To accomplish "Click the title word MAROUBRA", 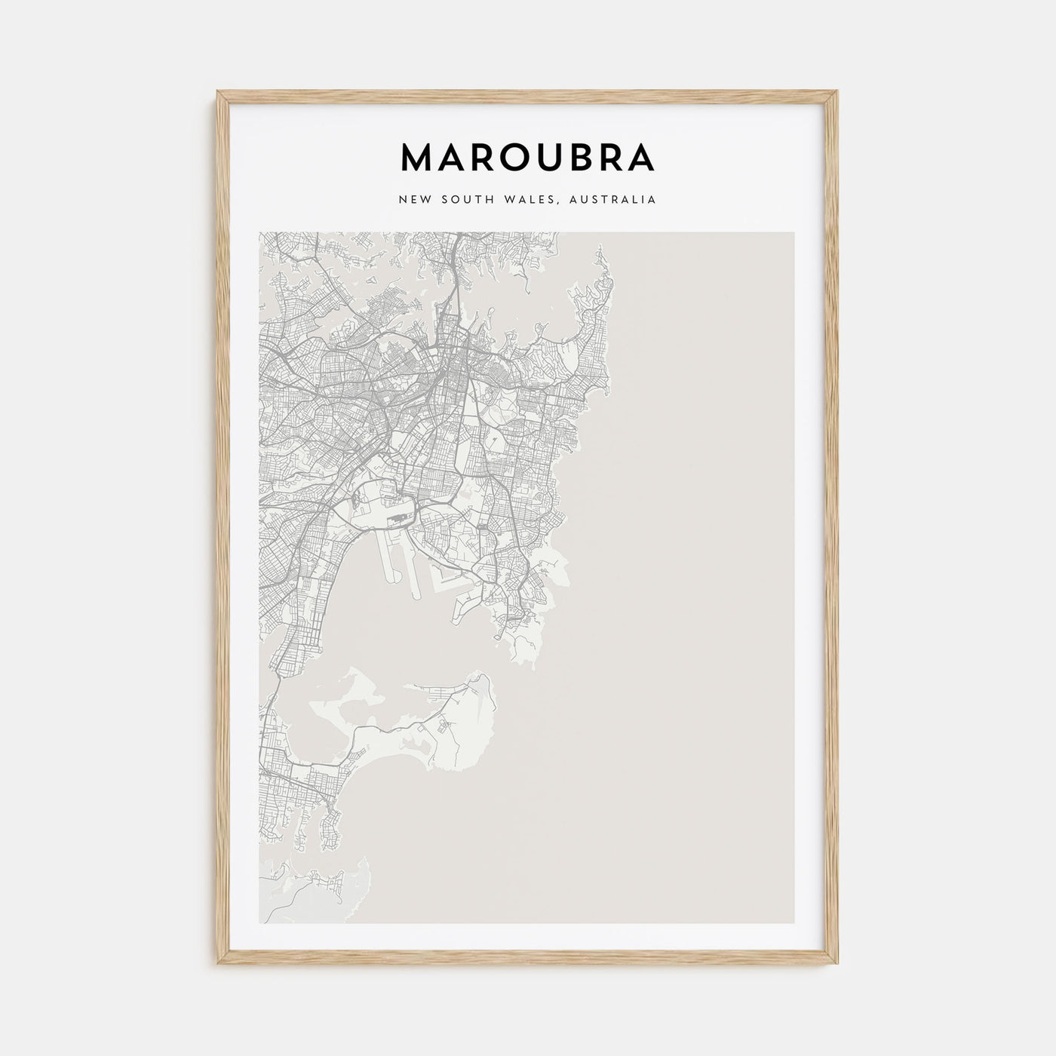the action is click(x=527, y=157).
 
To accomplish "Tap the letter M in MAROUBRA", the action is click(x=419, y=157).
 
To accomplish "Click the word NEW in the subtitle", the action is click(x=415, y=200).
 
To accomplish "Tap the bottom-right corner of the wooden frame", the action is click(x=837, y=965).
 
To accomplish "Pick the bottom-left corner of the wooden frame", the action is click(x=219, y=965).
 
